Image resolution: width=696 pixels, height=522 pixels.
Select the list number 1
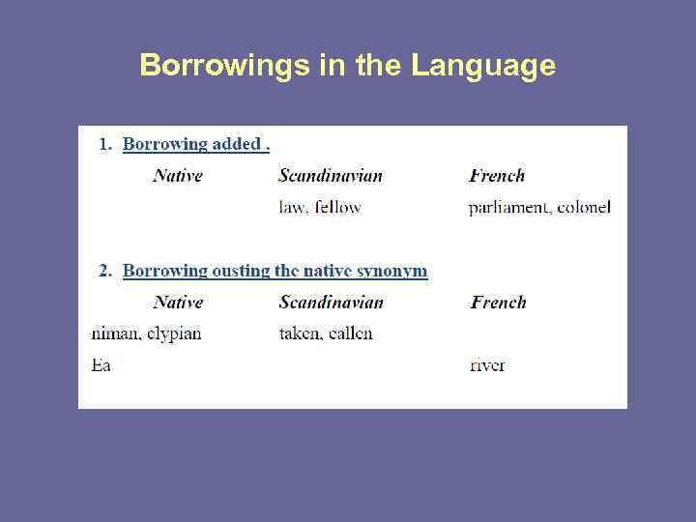coord(104,144)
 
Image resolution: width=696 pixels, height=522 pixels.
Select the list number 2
coord(104,271)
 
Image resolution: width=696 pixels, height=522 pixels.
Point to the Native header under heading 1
coord(178,175)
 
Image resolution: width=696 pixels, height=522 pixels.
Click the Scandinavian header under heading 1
coord(331,175)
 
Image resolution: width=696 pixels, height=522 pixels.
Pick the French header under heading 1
coord(497,175)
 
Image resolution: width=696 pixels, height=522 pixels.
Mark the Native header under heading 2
coord(178,302)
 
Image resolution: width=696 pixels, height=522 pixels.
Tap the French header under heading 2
coord(498,302)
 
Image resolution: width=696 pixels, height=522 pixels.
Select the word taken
coord(299,333)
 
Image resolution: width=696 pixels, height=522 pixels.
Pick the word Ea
coord(101,365)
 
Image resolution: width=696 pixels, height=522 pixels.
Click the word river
coord(487,365)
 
